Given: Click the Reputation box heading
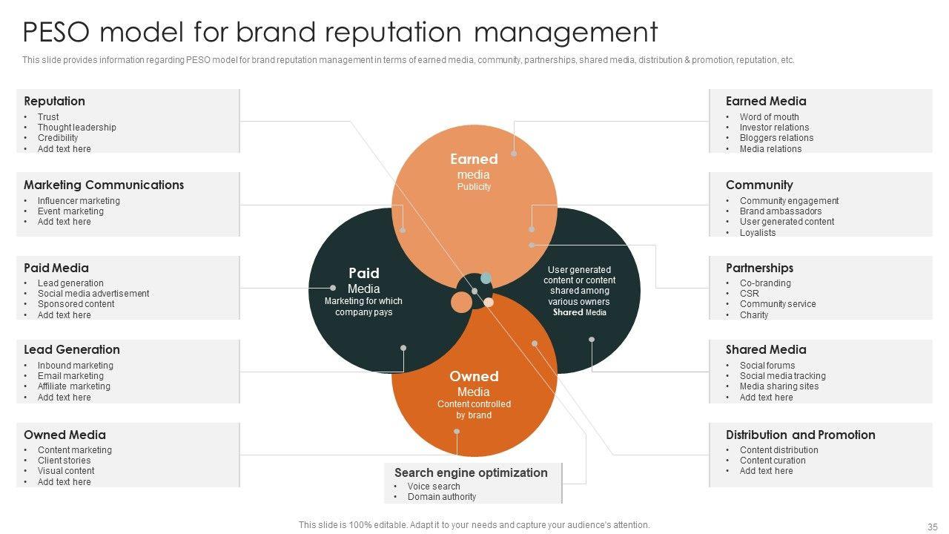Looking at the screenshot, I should (x=54, y=102).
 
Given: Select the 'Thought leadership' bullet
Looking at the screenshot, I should (x=76, y=128).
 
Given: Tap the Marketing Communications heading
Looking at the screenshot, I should (x=104, y=185).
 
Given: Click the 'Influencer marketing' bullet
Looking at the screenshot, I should (x=79, y=201).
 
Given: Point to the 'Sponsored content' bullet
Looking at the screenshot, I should (x=76, y=304).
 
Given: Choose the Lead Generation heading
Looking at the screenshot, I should (x=71, y=350).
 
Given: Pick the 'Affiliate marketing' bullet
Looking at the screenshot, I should (x=73, y=386).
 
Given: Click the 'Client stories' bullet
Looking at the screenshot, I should (x=64, y=461).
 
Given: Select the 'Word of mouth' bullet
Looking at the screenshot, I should (x=769, y=117).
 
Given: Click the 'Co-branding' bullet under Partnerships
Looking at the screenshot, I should (x=765, y=283).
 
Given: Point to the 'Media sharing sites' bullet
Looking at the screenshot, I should (x=778, y=386).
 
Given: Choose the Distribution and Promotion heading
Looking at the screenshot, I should (x=800, y=435).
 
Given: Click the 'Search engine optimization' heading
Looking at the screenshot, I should (x=471, y=473).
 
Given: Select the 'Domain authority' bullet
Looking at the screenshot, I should (x=442, y=497).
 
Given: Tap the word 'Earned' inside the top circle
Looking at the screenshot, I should (x=474, y=159).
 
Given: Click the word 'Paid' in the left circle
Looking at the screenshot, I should (x=363, y=273).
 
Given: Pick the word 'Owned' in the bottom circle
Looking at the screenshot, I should (x=474, y=377).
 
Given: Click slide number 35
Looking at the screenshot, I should (x=932, y=527).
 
